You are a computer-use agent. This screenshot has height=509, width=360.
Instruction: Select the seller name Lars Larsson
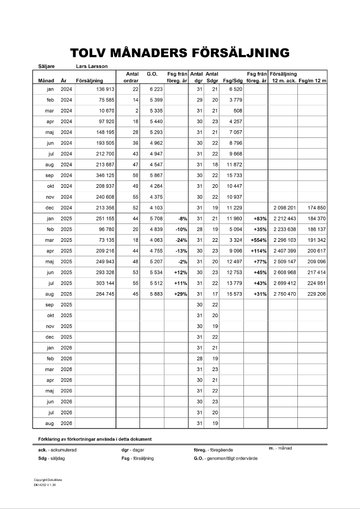91,66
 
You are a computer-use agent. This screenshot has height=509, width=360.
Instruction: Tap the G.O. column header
152,74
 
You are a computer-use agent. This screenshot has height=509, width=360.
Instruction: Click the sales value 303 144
104,284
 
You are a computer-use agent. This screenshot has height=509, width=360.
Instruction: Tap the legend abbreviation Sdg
43,459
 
